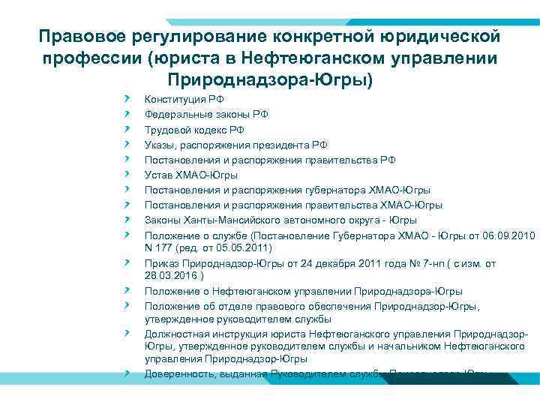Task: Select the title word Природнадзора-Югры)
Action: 271,79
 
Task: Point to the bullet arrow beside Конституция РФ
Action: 128,99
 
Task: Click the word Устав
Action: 159,175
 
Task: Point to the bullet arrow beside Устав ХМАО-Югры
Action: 128,174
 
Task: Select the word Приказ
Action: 163,263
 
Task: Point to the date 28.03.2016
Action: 170,275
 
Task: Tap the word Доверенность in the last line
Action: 181,373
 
